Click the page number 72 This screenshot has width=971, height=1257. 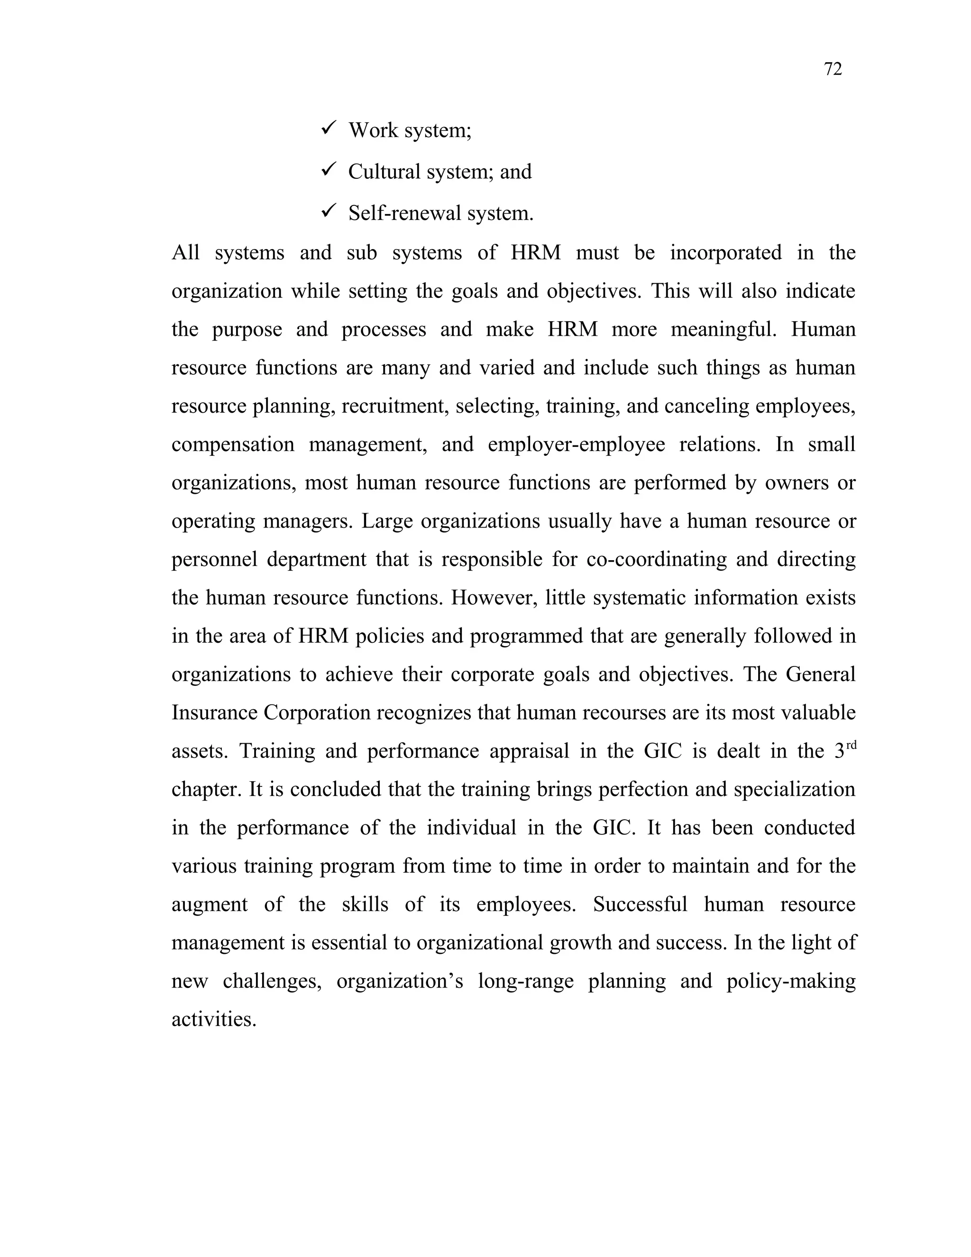833,70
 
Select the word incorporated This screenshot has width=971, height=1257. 725,253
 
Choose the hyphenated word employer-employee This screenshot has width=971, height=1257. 576,444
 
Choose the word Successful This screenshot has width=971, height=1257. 640,904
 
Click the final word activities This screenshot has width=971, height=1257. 213,1019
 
